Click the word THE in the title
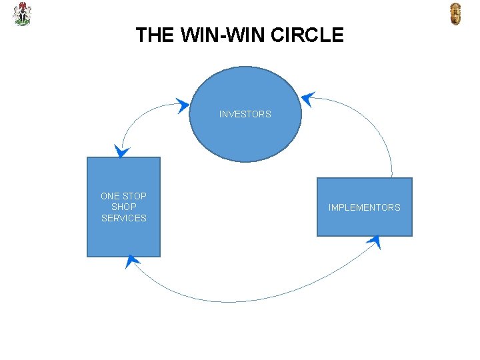(x=153, y=35)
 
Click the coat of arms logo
(x=22, y=14)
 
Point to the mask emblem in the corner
(x=455, y=14)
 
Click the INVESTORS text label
(x=245, y=114)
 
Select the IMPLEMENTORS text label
(x=364, y=207)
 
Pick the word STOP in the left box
(x=135, y=196)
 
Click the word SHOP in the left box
(x=124, y=207)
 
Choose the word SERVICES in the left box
(x=124, y=219)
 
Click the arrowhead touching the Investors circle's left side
(x=183, y=105)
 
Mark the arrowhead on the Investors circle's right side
(x=307, y=99)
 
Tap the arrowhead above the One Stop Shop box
(x=121, y=151)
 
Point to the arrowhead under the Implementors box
(x=374, y=241)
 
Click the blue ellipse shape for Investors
(x=245, y=137)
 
